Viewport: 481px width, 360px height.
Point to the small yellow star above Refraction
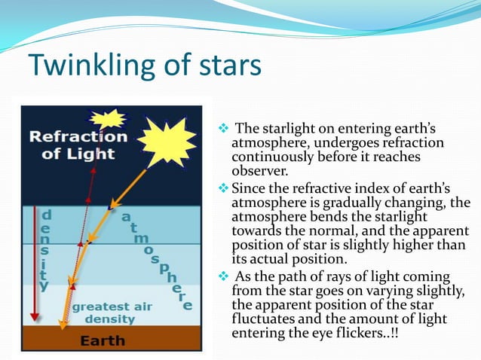tap(110, 118)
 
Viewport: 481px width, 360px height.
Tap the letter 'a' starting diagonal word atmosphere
tap(125, 216)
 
